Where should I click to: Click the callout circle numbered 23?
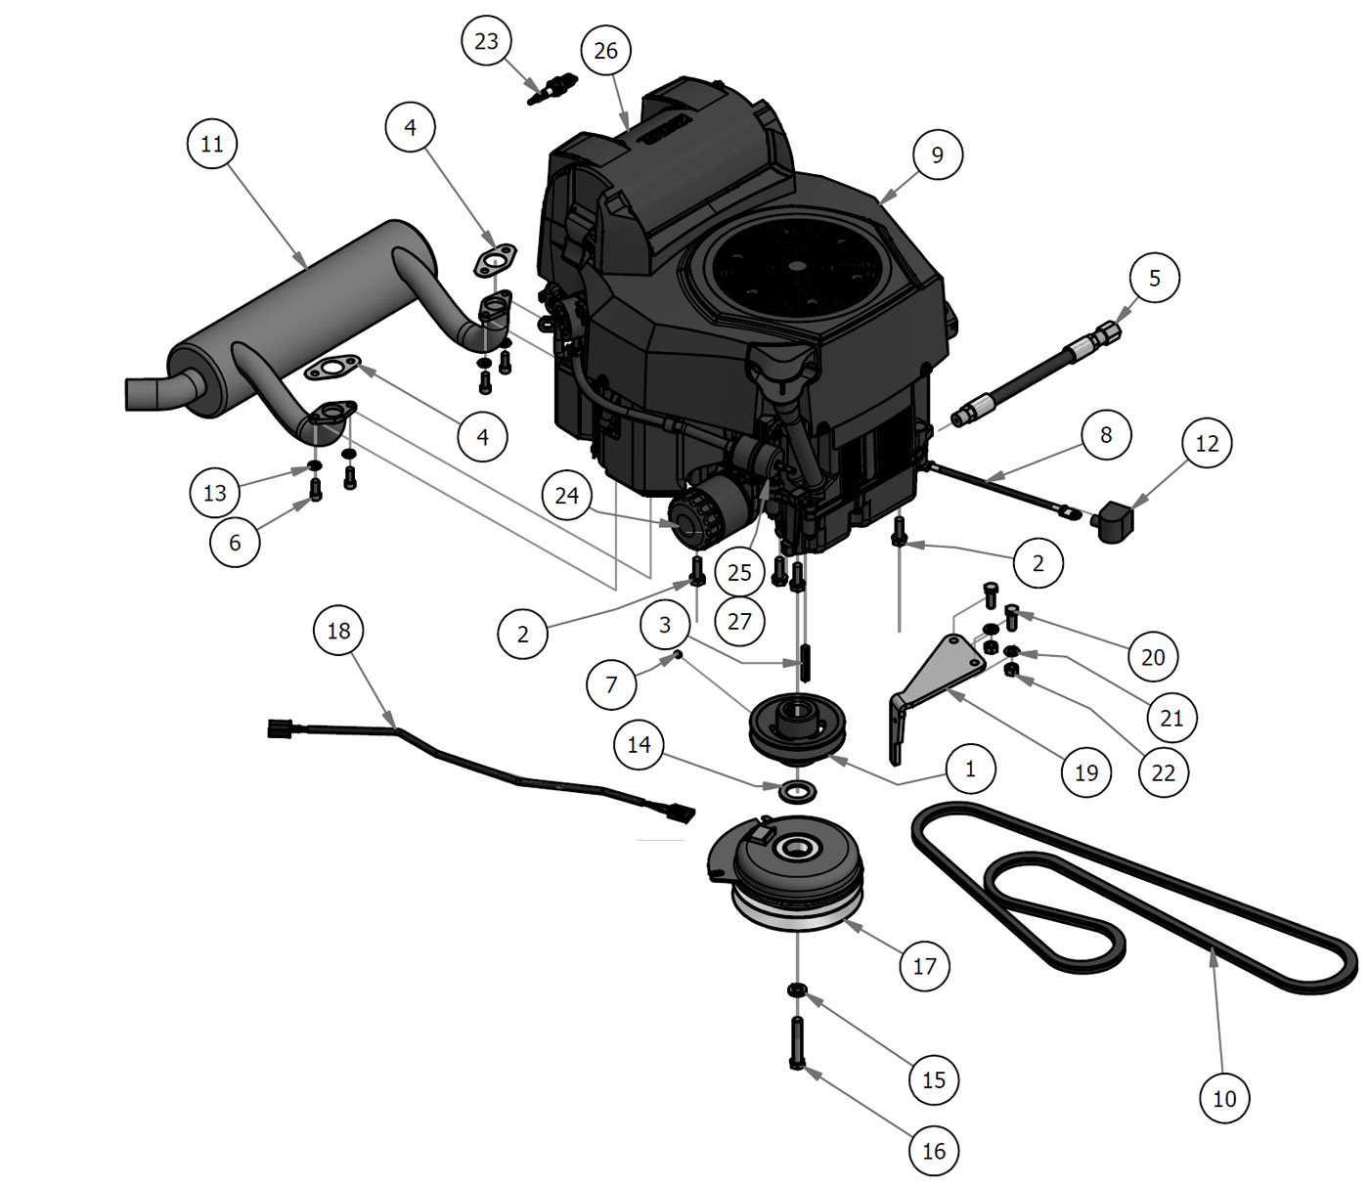(x=486, y=41)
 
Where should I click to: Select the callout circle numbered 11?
(x=212, y=144)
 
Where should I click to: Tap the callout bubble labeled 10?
(x=1224, y=1099)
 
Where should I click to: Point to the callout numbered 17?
(x=924, y=966)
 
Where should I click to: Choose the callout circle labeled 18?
(x=338, y=631)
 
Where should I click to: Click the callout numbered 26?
(x=605, y=51)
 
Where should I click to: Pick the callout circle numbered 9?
(x=937, y=154)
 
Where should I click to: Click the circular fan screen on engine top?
(x=794, y=265)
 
